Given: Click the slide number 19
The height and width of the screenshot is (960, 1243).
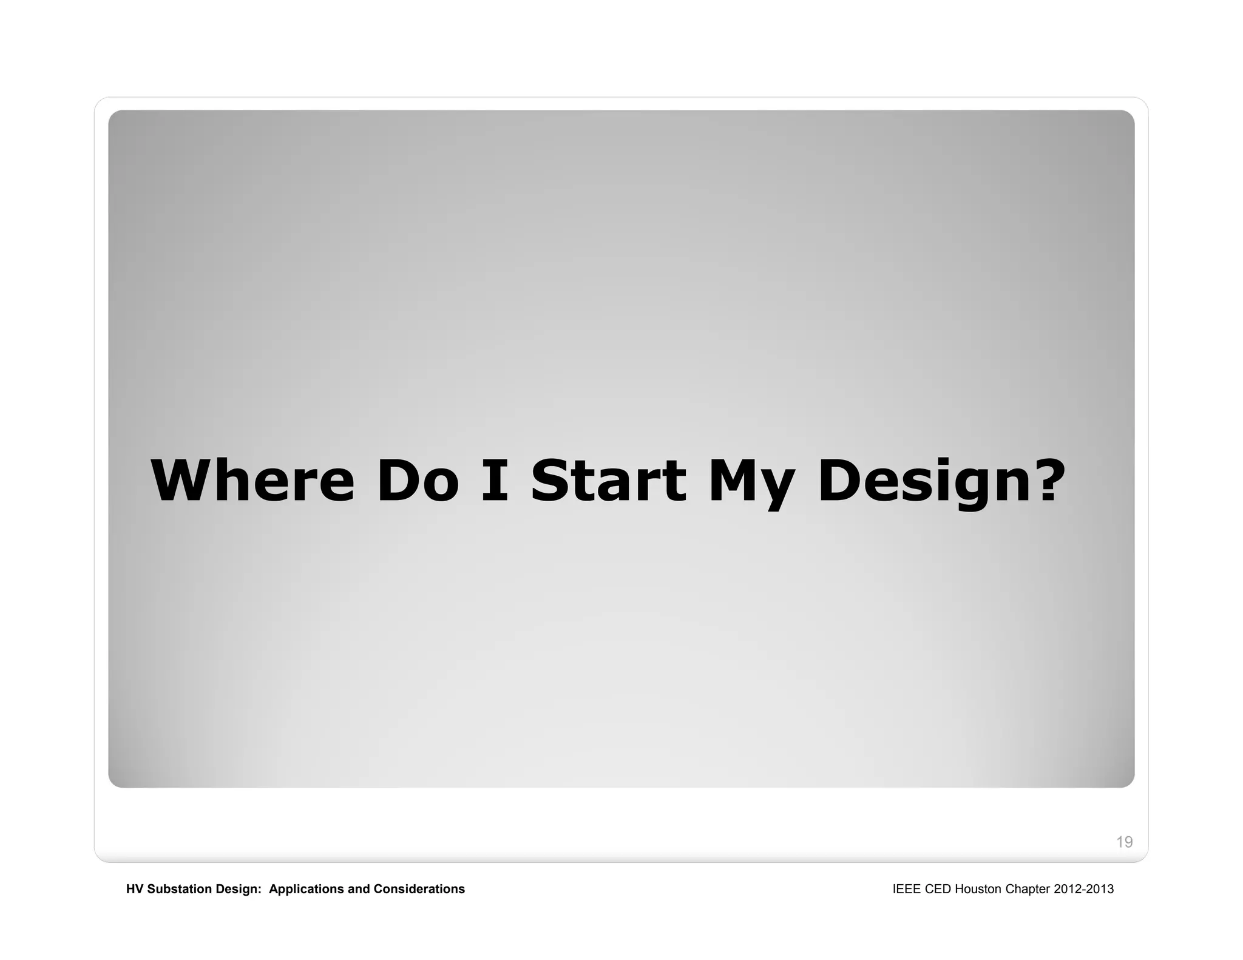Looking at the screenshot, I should point(1124,842).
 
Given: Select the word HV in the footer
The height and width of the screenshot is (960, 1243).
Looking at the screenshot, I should point(135,889).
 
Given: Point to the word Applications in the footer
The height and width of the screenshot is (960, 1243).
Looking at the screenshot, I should point(307,890).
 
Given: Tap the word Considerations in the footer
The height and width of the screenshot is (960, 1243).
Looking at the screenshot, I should point(419,889).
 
